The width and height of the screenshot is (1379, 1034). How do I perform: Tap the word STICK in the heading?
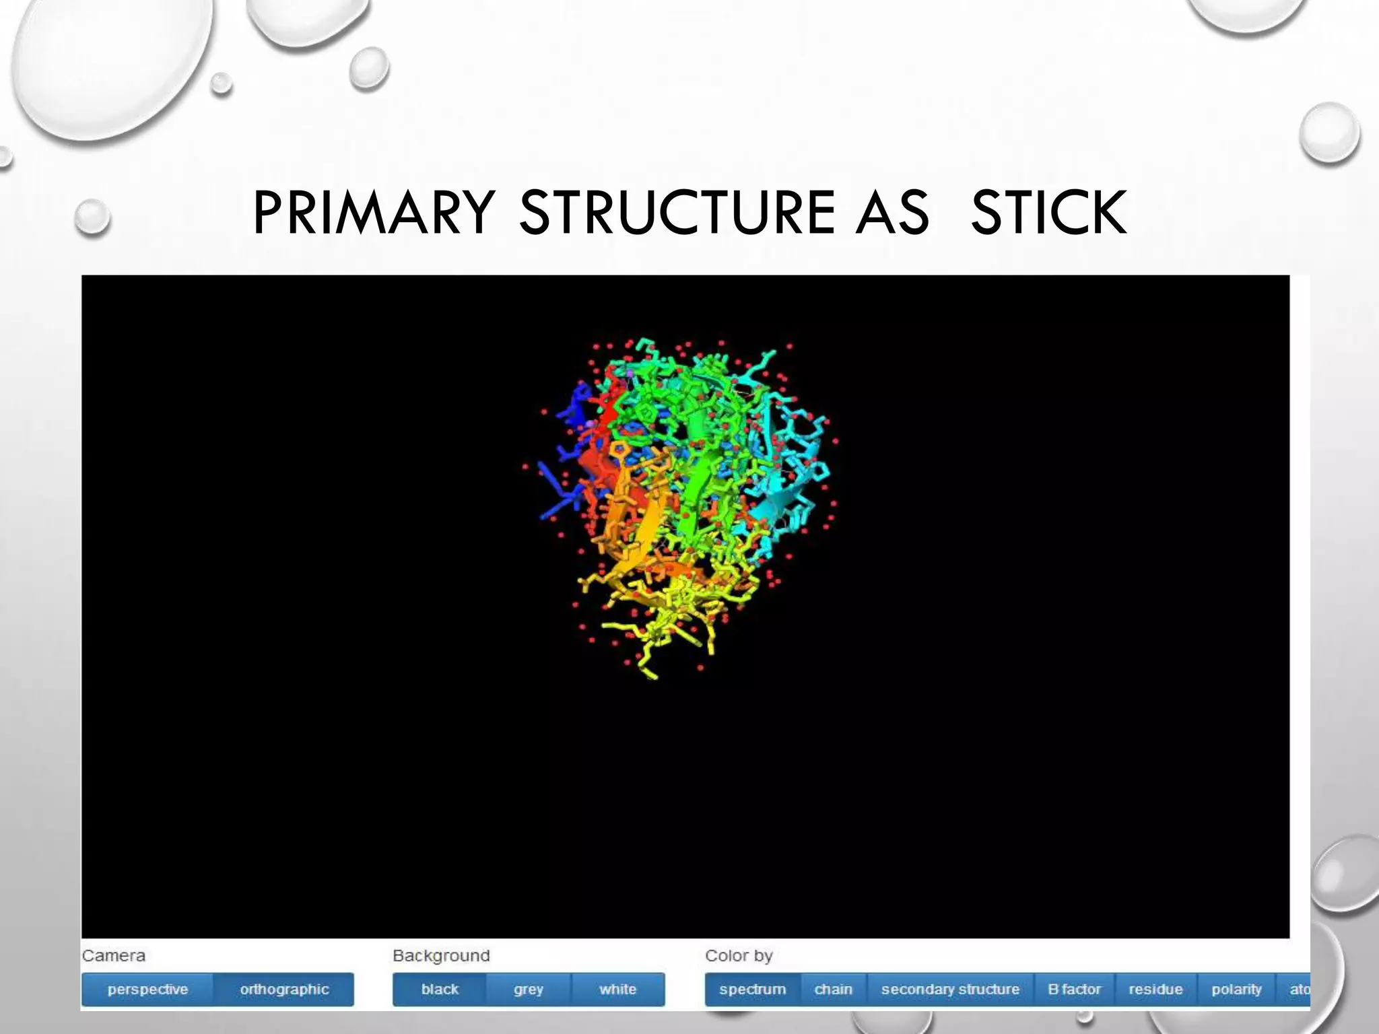1048,213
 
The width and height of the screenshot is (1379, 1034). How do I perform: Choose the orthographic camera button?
284,989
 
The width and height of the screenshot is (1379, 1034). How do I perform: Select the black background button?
440,989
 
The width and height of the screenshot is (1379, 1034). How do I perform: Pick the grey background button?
529,989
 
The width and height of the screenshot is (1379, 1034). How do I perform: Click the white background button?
617,989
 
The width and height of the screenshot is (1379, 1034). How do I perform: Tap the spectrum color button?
752,989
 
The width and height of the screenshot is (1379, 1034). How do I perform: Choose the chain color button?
833,989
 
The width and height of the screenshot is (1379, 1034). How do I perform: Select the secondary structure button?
950,989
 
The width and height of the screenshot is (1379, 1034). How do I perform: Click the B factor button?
1074,989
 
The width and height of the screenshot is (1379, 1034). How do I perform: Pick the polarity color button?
1236,989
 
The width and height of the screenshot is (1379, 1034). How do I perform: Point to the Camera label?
113,955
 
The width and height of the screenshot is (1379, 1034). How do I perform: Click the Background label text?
441,955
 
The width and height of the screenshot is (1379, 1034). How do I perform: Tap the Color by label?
739,955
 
